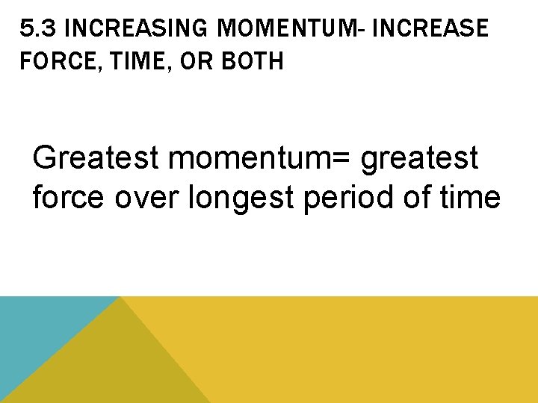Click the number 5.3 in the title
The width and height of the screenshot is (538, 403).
(x=37, y=29)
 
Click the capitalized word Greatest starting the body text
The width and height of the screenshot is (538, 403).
(x=96, y=158)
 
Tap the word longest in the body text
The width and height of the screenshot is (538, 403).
(x=242, y=199)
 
